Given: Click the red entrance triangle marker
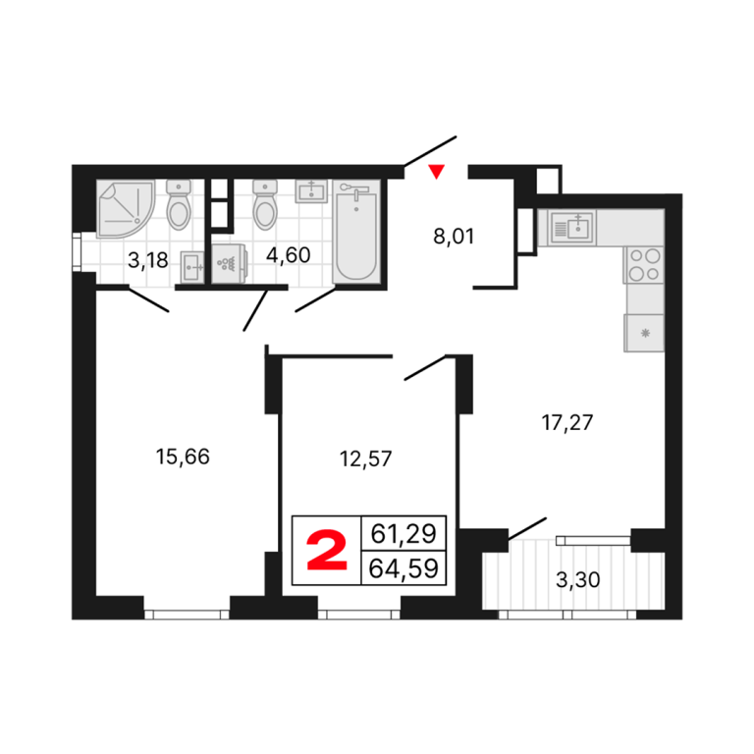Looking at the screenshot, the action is coord(437,172).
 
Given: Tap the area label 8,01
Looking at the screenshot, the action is coord(454,237).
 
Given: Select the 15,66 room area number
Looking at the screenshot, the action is coord(183,457).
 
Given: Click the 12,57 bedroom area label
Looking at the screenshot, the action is coord(365,458).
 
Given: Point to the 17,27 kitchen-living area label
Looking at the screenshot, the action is coord(566,422).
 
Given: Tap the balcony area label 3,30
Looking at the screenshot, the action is coord(577,579).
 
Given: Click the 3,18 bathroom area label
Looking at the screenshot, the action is coord(148,260).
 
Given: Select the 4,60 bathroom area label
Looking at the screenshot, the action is coord(288,255).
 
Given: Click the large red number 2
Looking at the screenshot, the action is coord(327,551).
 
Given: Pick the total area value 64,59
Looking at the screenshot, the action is coord(404,568).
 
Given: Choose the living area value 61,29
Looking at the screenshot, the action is coord(404,533).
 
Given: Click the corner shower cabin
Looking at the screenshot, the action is coord(125,209).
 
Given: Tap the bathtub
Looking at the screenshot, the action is coord(356,232).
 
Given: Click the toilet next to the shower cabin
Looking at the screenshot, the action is coord(179,204).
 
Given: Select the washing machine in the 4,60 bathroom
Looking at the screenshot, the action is coord(230,263).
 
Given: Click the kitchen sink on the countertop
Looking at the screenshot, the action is coord(573,228).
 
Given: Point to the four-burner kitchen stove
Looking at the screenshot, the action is coord(644,264).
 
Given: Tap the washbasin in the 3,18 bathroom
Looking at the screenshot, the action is coord(192,267).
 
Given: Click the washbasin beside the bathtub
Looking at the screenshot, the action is coord(311,191).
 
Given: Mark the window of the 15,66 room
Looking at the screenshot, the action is coord(187,614).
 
